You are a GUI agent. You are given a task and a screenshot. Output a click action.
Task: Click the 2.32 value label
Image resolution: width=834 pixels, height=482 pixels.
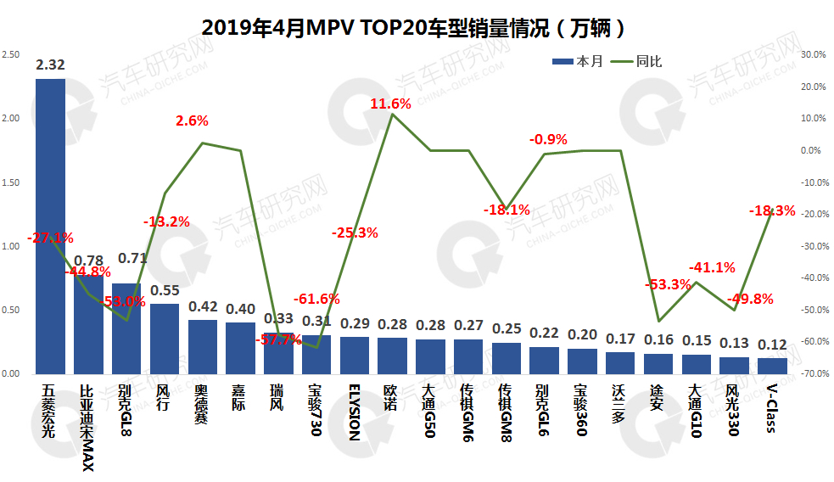tap(50, 64)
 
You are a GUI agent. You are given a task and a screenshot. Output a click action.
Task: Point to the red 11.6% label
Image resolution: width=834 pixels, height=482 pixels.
tap(390, 104)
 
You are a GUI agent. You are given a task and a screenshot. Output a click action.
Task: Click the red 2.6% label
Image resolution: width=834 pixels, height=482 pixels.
tap(192, 121)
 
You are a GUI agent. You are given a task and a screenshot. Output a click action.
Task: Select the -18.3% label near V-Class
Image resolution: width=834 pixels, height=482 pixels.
tap(772, 210)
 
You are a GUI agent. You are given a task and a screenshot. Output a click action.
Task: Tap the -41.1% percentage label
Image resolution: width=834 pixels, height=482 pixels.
tap(712, 266)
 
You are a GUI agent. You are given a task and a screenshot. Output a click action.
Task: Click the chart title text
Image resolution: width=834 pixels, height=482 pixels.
tap(415, 26)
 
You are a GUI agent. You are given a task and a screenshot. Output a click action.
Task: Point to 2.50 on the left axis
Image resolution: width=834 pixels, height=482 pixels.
tap(11, 54)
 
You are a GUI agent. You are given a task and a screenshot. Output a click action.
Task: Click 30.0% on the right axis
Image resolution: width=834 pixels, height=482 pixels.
tap(813, 54)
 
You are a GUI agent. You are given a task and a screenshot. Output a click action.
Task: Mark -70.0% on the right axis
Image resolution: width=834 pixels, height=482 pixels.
tap(813, 373)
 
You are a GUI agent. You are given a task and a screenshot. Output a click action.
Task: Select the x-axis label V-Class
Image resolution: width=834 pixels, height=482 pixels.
tap(771, 408)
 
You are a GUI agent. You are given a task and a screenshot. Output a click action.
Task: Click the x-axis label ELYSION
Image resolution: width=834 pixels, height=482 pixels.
tap(354, 412)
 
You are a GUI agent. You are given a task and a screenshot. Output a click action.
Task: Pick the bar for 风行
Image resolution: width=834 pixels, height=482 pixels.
tap(165, 339)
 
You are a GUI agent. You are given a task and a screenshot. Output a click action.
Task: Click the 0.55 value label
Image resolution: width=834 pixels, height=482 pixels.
tap(165, 290)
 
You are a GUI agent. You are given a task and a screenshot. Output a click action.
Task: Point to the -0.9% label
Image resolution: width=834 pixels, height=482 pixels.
tap(548, 139)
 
